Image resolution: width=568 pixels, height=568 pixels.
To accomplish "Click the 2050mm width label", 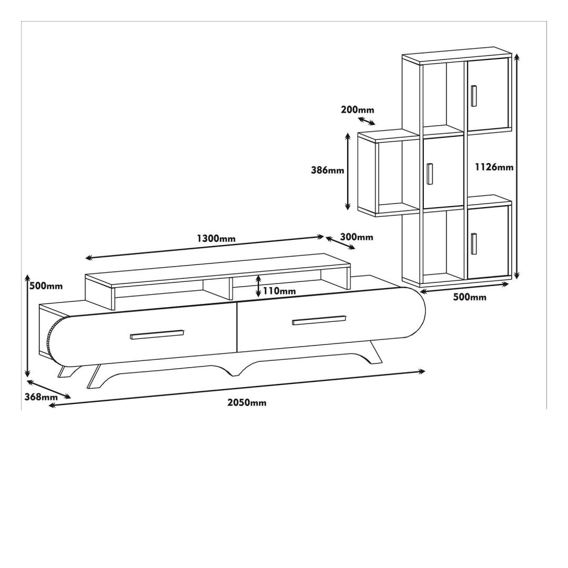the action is (x=247, y=402).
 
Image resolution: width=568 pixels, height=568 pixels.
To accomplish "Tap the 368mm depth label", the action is (x=41, y=397).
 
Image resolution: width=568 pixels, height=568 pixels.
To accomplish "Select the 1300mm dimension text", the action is (x=216, y=238).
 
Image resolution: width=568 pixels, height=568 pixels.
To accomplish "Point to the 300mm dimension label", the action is (x=357, y=237).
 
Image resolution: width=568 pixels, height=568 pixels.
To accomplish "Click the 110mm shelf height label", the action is (x=279, y=290).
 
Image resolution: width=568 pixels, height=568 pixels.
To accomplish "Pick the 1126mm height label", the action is (x=494, y=167).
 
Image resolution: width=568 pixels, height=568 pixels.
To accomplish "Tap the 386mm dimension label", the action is (x=328, y=169).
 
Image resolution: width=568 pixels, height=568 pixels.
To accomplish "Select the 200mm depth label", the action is (x=358, y=109).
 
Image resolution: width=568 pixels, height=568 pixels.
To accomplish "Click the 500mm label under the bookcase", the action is (x=470, y=297).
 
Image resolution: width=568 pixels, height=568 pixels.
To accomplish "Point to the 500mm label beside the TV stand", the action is (x=46, y=286).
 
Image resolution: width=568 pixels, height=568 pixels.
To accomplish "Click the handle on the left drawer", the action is (x=157, y=334).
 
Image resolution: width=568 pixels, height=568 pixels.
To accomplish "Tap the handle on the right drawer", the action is (x=319, y=320).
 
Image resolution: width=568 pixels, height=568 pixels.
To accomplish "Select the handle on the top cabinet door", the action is (x=474, y=96).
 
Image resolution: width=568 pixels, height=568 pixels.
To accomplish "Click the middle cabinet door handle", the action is (x=430, y=174).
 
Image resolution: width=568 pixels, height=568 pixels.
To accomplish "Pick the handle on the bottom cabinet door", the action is (x=474, y=244).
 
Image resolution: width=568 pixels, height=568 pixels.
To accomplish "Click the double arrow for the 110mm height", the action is (x=258, y=286).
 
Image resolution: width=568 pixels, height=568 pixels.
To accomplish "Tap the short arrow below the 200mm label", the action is (x=367, y=121).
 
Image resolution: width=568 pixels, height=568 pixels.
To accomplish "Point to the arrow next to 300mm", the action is (x=340, y=243).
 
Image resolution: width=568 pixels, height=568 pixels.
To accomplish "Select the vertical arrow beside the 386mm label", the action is (x=348, y=171).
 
